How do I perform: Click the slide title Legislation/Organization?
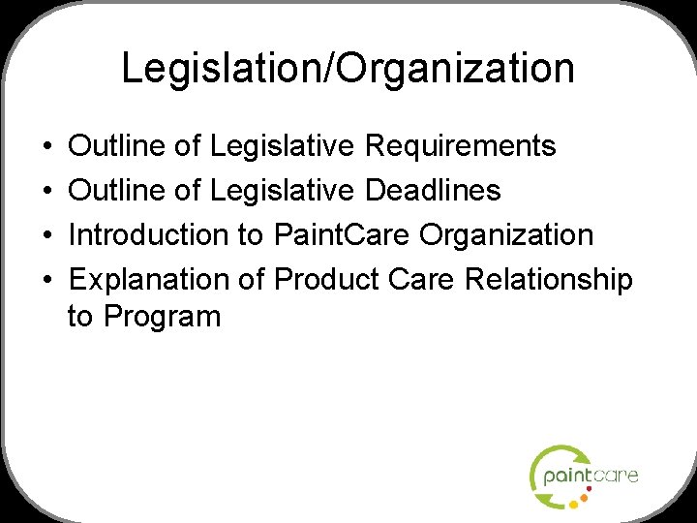[348, 69]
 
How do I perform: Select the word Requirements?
[460, 146]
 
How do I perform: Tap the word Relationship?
[549, 279]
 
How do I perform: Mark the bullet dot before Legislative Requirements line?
[47, 147]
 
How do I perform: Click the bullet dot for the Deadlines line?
[47, 192]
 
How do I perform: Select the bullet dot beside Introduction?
[47, 235]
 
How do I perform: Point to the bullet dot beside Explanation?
[47, 280]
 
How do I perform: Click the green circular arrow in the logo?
[542, 467]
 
